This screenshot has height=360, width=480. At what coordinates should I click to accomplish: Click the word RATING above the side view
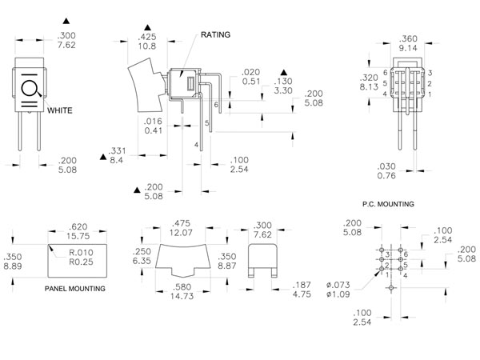coord(215,35)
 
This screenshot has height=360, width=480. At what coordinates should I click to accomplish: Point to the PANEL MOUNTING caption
coord(75,287)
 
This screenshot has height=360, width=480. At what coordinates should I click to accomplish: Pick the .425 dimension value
coord(147,37)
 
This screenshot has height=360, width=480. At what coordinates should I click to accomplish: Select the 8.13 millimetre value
coord(370,86)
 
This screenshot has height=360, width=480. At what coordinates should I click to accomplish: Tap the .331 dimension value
coord(117,150)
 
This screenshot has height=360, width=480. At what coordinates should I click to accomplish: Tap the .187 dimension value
coord(301,284)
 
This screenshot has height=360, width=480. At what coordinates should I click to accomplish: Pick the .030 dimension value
coord(386,166)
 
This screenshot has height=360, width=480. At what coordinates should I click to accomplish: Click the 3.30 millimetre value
coord(284,91)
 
